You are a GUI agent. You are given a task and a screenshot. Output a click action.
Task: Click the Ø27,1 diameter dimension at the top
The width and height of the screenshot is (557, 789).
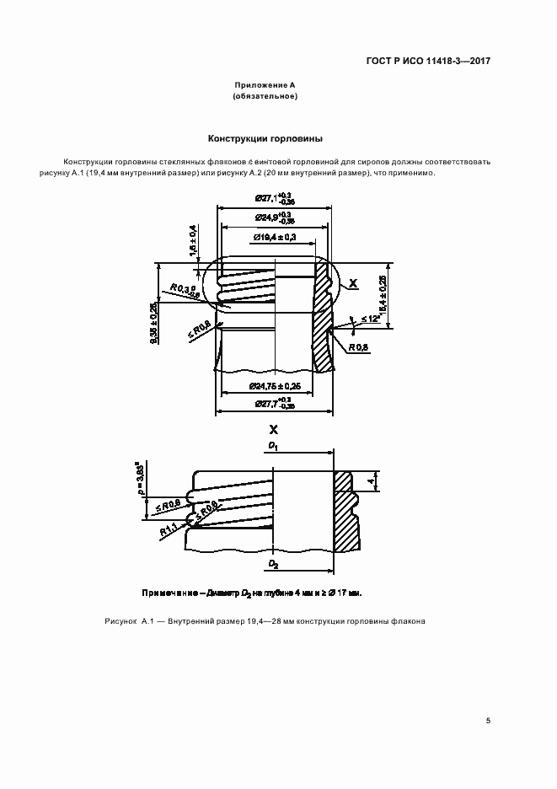(x=276, y=199)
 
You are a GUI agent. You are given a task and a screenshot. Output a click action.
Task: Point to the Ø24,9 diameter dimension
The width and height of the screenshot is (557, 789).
(x=274, y=218)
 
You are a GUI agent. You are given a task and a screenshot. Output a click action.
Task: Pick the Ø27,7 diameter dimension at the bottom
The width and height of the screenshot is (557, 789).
(x=275, y=405)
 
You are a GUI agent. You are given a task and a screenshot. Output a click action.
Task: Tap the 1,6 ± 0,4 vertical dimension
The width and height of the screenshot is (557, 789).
(x=193, y=240)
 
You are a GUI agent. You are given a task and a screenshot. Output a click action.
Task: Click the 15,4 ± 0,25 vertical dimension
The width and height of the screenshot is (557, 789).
(x=383, y=296)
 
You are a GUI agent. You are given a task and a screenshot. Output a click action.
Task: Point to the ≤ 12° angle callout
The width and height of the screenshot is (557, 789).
(x=370, y=319)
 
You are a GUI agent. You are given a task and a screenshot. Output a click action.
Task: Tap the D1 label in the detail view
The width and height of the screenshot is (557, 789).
(x=273, y=444)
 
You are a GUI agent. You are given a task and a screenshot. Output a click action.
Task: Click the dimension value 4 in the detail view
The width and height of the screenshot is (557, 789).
(x=370, y=481)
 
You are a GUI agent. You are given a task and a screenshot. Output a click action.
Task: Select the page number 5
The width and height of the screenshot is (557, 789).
(x=489, y=721)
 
